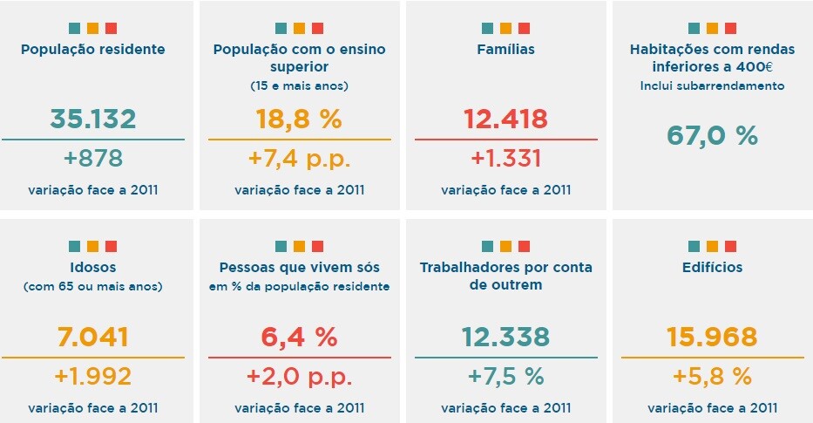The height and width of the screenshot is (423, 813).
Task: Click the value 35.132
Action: click(x=93, y=119)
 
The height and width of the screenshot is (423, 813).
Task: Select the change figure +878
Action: click(x=93, y=159)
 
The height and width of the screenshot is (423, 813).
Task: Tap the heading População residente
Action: click(x=93, y=49)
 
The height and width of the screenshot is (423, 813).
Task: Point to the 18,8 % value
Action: click(x=300, y=119)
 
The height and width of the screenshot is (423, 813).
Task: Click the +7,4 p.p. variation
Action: click(x=300, y=159)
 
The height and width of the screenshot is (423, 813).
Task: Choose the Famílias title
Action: click(x=506, y=49)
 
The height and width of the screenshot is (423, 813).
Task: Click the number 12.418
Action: click(x=506, y=119)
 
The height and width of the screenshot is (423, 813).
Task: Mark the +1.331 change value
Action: click(x=506, y=159)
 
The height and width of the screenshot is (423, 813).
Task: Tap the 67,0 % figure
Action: click(x=713, y=136)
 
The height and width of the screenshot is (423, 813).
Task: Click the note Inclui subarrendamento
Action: click(x=713, y=85)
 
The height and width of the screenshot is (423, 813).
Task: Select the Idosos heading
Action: click(x=93, y=267)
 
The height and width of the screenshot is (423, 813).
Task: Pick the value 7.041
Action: click(x=93, y=337)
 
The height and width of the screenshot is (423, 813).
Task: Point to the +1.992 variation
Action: click(x=93, y=377)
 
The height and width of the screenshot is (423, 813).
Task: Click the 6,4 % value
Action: click(x=300, y=337)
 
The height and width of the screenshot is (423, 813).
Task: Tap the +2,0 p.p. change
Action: click(x=300, y=377)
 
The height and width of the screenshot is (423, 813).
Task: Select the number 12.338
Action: click(x=506, y=337)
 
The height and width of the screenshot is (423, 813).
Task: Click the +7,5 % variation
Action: click(x=506, y=377)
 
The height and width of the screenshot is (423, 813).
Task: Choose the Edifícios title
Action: click(x=713, y=267)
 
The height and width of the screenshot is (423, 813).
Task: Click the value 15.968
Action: click(x=713, y=337)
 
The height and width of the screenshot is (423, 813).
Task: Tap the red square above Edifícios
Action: click(x=731, y=246)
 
